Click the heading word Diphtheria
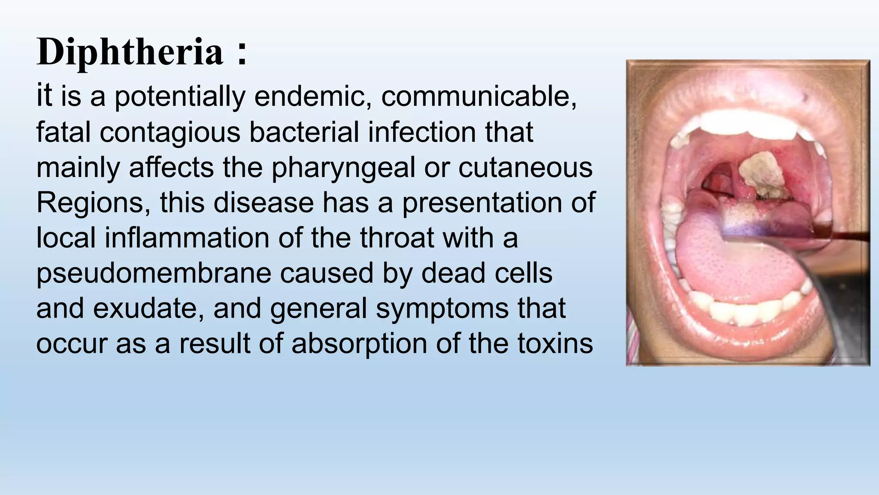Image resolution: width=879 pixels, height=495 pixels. [130, 52]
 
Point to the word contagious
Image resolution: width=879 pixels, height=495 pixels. [170, 132]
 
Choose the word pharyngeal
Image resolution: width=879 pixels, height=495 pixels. [343, 168]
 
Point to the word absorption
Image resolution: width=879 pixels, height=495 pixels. [359, 344]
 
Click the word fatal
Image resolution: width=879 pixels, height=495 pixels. [63, 132]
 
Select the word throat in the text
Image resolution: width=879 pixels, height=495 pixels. [397, 238]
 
